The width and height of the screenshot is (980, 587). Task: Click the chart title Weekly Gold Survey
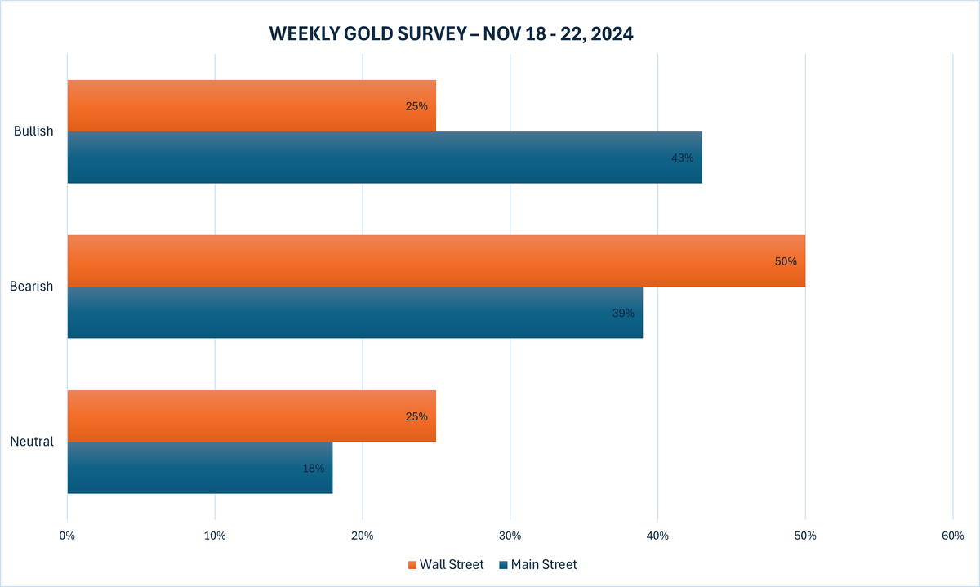(x=452, y=34)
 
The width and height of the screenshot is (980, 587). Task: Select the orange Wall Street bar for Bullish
(x=252, y=106)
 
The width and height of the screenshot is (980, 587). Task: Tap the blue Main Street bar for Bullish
(x=384, y=158)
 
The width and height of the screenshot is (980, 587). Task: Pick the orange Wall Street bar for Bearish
(x=436, y=261)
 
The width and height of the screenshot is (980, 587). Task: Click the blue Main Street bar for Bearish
(x=354, y=313)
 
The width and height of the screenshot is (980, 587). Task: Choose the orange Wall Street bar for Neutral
(x=252, y=416)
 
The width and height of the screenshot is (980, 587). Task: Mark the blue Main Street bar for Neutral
(x=200, y=468)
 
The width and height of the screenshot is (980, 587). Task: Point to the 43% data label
(x=682, y=158)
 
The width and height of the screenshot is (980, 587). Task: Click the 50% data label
(x=786, y=261)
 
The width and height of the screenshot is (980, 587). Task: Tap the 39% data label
(x=623, y=313)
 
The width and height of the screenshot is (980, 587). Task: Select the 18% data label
(x=314, y=468)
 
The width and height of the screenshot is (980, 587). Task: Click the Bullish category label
(x=33, y=131)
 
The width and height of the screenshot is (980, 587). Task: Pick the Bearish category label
(x=32, y=287)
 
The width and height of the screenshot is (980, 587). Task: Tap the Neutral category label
(x=32, y=442)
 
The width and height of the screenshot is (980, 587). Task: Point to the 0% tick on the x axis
(x=67, y=536)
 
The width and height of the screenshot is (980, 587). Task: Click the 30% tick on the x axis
(x=510, y=536)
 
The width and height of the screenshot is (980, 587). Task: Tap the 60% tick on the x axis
(x=952, y=536)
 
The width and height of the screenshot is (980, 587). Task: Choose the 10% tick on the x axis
(x=215, y=536)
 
